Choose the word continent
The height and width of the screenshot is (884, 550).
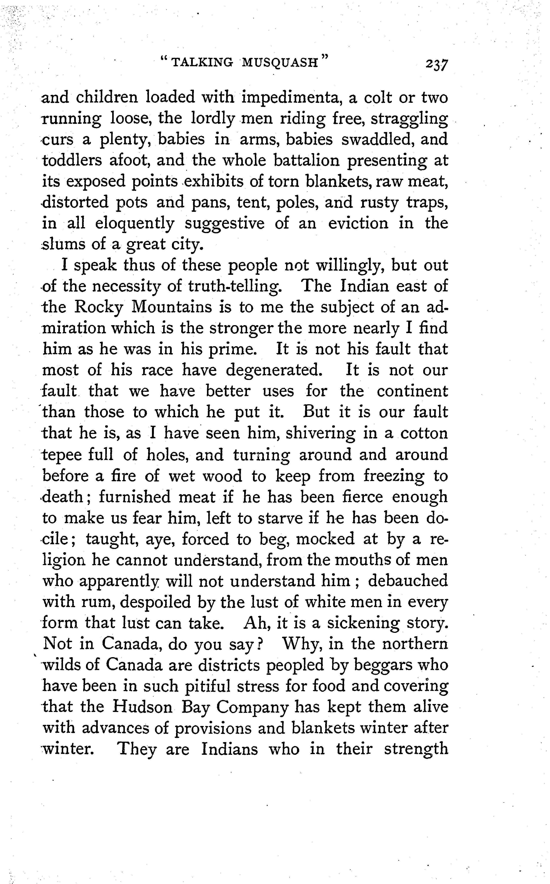click(412, 391)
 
